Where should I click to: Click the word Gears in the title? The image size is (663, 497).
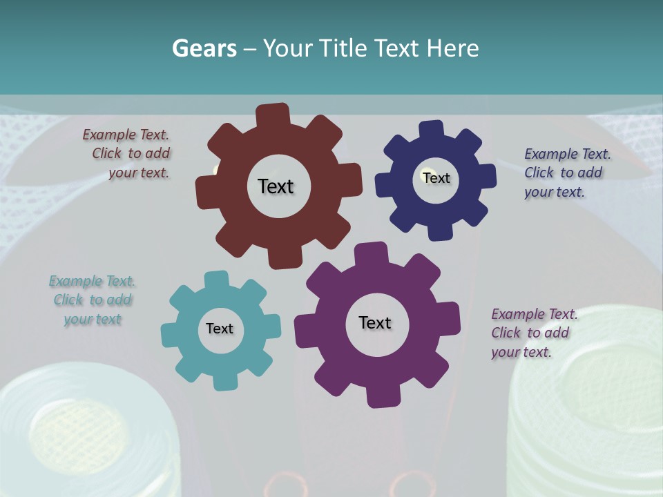[x=204, y=48]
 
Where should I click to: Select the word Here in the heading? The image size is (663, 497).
[x=452, y=48]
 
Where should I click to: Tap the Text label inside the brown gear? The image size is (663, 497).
[x=276, y=186]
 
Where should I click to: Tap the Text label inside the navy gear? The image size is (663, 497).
[x=436, y=178]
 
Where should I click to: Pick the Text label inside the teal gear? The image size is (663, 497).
[x=220, y=329]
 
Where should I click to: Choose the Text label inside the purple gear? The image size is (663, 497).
[x=375, y=322]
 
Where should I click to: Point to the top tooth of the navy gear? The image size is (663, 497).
[x=431, y=130]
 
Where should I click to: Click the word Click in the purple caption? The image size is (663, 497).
[x=506, y=333]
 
